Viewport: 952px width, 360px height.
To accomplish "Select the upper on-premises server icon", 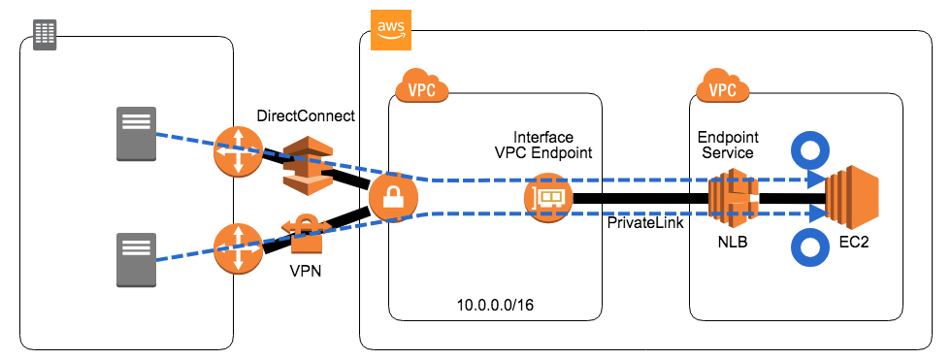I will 136,134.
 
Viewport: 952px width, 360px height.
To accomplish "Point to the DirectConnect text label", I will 306,115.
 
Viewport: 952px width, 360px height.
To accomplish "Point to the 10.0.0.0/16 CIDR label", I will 495,305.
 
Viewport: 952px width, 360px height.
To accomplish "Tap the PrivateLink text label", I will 640,223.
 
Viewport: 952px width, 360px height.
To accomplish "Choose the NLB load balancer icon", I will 733,199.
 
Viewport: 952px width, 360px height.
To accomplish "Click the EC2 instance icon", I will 851,199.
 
